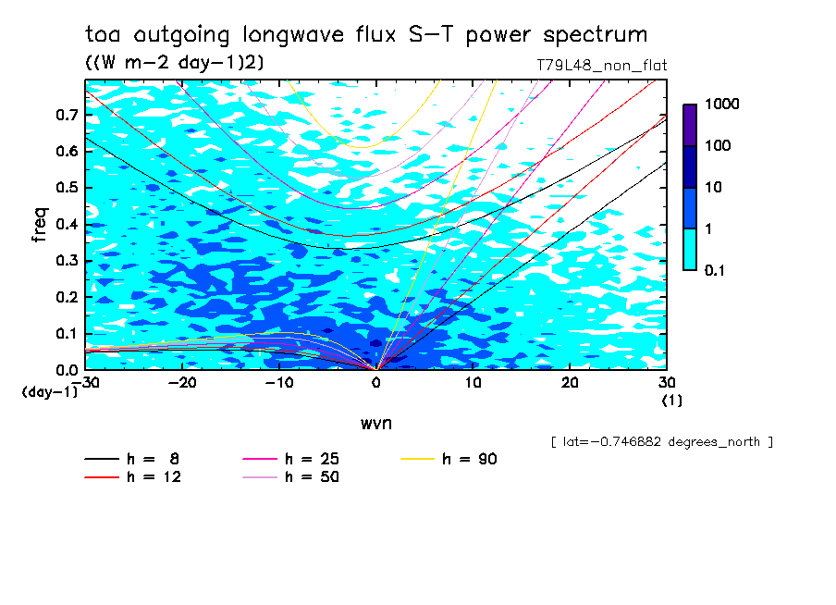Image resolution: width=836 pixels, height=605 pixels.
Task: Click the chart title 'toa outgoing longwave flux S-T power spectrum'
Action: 366,35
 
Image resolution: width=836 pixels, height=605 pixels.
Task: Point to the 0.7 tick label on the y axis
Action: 66,115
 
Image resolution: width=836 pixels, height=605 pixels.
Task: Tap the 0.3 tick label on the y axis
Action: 66,261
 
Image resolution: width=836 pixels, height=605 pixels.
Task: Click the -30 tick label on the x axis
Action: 86,382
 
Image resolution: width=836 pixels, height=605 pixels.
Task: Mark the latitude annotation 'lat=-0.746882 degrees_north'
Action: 661,442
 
